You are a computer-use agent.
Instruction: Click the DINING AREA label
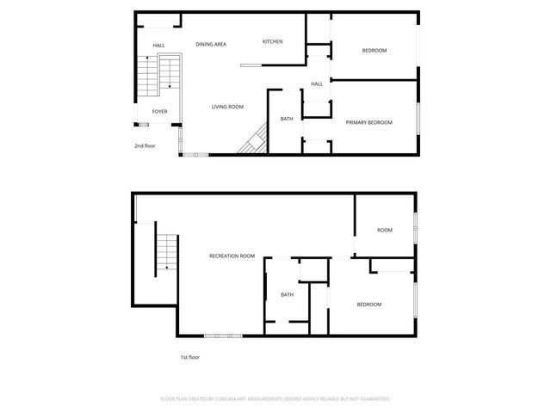[211, 44]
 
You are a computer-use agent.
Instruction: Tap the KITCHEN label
[273, 41]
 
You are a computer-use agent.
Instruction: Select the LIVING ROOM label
[228, 107]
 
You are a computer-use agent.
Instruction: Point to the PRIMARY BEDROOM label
[368, 122]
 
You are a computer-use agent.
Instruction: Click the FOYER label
[160, 112]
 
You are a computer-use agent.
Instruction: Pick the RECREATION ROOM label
[232, 256]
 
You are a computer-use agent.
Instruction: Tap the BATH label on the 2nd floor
[287, 119]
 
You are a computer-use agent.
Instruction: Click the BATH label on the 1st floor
[287, 294]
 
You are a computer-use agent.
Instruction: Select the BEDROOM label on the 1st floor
[369, 304]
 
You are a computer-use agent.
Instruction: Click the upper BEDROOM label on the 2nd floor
[374, 51]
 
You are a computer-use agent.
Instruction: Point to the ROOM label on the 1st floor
[384, 230]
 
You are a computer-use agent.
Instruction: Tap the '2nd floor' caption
[144, 145]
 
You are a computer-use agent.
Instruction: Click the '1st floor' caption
[189, 357]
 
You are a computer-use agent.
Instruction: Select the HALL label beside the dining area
[159, 46]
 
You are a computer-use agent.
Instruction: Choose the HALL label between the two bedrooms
[317, 83]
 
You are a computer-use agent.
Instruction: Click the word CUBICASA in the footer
[236, 399]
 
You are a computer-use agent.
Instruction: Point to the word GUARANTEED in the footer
[371, 399]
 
